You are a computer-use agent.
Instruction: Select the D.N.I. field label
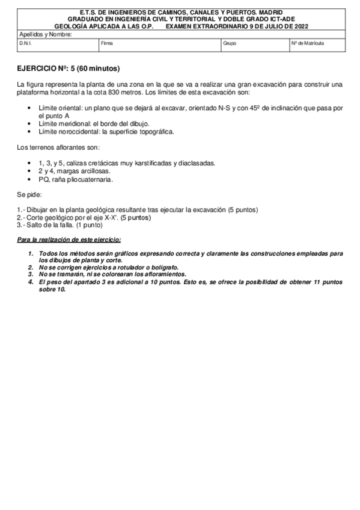tap(25, 44)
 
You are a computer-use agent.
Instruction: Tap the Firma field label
tap(107, 44)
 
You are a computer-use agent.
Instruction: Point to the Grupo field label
tap(229, 44)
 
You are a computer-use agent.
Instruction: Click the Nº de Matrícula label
tap(308, 44)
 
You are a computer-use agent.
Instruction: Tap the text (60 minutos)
tap(99, 69)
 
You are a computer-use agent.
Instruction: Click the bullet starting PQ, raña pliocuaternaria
tap(75, 179)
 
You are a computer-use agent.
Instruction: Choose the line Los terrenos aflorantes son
tap(58, 147)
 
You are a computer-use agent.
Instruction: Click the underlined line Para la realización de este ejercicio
tap(69, 240)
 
